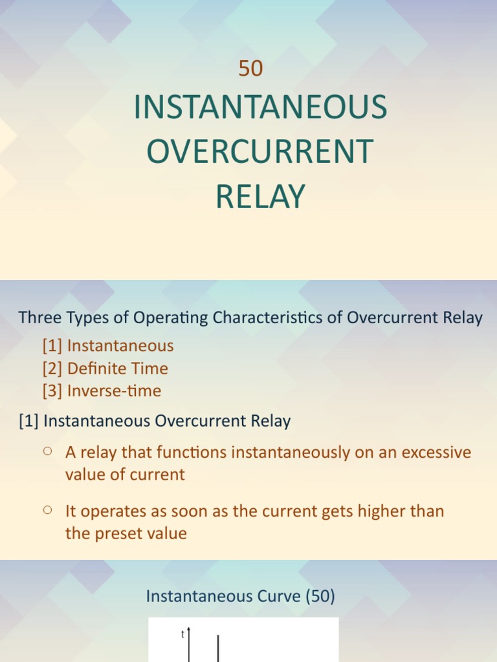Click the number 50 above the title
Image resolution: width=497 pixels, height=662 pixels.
[x=250, y=69]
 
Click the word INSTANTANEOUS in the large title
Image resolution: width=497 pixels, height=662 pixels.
[x=260, y=109]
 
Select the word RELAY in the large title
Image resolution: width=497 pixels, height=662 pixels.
[x=260, y=197]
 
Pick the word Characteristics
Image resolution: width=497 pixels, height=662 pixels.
[x=274, y=317]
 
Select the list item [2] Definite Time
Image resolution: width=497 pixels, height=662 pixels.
[x=105, y=368]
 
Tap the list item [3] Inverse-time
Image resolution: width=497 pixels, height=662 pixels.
[x=102, y=391]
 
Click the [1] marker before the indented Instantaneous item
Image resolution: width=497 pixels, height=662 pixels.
[x=52, y=346]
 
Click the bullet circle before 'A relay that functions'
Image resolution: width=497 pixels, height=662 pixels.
[x=47, y=452]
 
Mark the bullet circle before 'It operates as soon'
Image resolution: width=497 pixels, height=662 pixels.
[x=47, y=510]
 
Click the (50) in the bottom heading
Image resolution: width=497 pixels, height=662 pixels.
[x=320, y=596]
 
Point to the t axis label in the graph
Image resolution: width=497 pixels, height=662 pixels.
[x=183, y=635]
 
